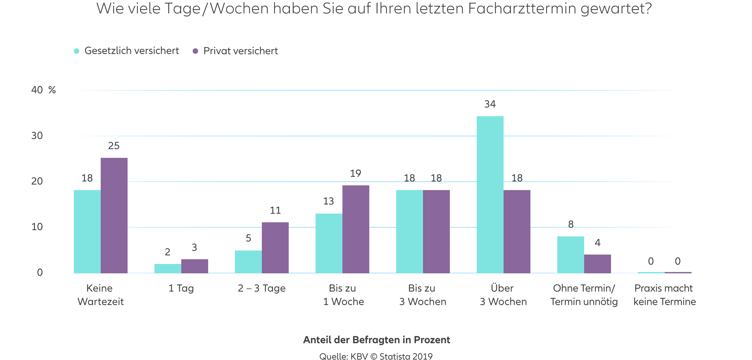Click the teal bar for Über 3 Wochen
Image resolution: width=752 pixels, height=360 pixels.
[x=490, y=195]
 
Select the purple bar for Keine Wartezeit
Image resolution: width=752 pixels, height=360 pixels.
[x=114, y=215]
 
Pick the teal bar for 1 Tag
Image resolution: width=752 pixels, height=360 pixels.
[x=168, y=268]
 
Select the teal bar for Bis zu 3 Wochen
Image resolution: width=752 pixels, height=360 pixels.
[x=410, y=232]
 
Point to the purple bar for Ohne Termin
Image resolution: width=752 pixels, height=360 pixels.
[x=598, y=264]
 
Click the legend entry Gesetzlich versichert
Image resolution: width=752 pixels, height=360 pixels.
[x=131, y=51]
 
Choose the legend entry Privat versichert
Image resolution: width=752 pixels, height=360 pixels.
[x=240, y=51]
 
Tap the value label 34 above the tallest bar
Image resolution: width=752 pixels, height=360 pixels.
[x=490, y=104]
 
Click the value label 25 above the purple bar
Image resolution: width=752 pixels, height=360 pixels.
[x=114, y=145]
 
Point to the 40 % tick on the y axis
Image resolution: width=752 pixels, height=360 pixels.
[x=43, y=90]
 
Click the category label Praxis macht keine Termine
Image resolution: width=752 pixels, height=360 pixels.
[x=664, y=295]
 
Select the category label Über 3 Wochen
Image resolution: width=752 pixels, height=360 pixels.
[x=503, y=295]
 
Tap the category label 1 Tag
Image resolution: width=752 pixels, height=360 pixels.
[x=181, y=288]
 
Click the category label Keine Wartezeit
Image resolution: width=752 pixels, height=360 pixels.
[x=100, y=295]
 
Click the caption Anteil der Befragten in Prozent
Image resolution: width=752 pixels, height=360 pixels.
[x=376, y=340]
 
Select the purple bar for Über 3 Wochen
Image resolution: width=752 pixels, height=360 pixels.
[x=517, y=232]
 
